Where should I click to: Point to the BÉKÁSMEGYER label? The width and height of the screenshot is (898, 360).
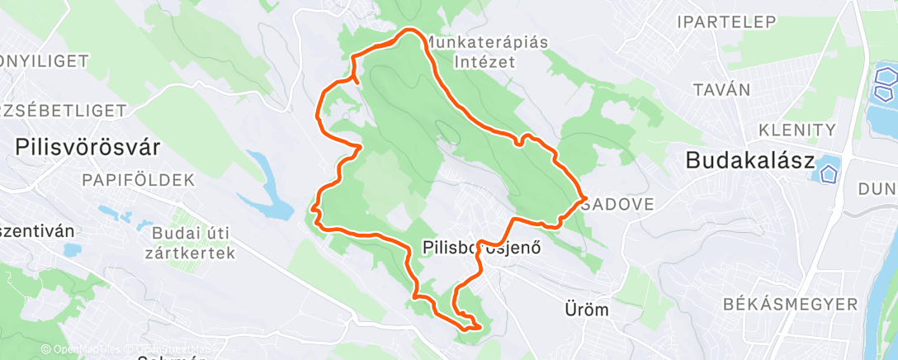790,305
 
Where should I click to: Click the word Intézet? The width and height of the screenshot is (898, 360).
487,61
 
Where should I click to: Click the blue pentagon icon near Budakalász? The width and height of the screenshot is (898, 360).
825,173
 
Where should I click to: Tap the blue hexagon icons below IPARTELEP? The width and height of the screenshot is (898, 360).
886,84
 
